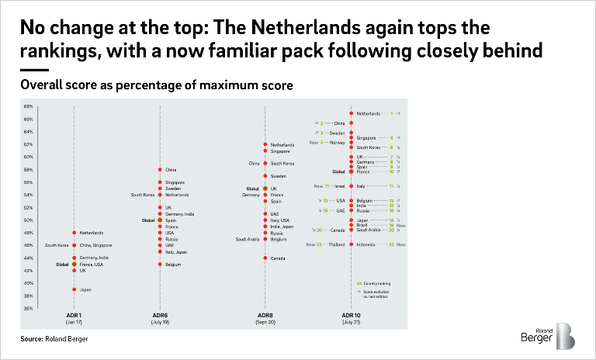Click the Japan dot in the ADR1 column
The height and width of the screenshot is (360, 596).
pyautogui.click(x=74, y=289)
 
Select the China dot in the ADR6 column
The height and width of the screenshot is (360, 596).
pyautogui.click(x=159, y=169)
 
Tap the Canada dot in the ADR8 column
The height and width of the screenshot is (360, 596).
pyautogui.click(x=265, y=258)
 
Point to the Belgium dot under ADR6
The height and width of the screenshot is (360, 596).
pyautogui.click(x=159, y=265)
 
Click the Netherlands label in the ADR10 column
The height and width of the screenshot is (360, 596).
pyautogui.click(x=369, y=113)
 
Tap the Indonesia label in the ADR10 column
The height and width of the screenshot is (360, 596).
pyautogui.click(x=369, y=244)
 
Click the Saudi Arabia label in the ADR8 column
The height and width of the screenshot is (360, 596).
pyautogui.click(x=247, y=239)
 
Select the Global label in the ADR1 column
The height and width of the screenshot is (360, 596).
pyautogui.click(x=61, y=265)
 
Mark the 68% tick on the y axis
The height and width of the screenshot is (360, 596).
pyautogui.click(x=27, y=106)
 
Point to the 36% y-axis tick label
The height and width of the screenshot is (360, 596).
pyautogui.click(x=27, y=308)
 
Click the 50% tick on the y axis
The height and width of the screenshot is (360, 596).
pyautogui.click(x=27, y=220)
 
